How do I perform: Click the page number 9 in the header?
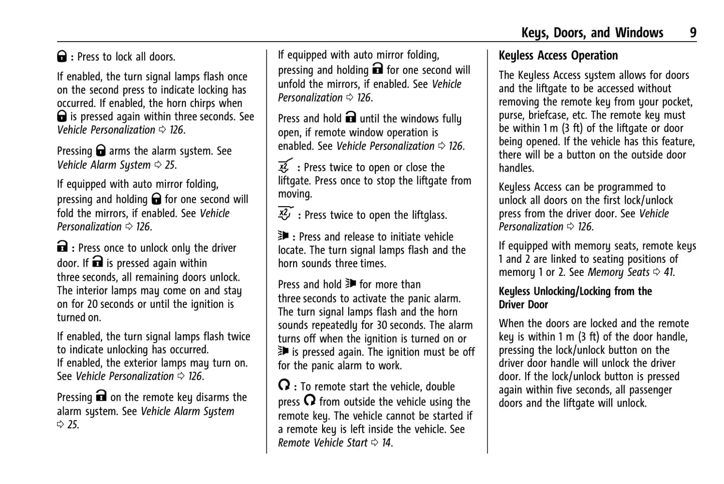point(692,33)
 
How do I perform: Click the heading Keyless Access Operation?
point(558,56)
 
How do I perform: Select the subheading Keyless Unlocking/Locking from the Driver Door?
point(575,298)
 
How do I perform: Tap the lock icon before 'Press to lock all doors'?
point(62,57)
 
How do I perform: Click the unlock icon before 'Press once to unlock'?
point(62,247)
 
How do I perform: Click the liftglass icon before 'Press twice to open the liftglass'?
point(285,214)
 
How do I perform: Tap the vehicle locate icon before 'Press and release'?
point(284,236)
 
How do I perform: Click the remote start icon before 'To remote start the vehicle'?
point(284,385)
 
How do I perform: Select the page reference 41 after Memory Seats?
point(669,272)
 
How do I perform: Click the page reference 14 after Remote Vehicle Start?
point(387,443)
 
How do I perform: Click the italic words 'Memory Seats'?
point(618,272)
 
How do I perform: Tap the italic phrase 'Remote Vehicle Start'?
point(323,443)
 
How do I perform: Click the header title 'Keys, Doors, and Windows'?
point(592,33)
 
